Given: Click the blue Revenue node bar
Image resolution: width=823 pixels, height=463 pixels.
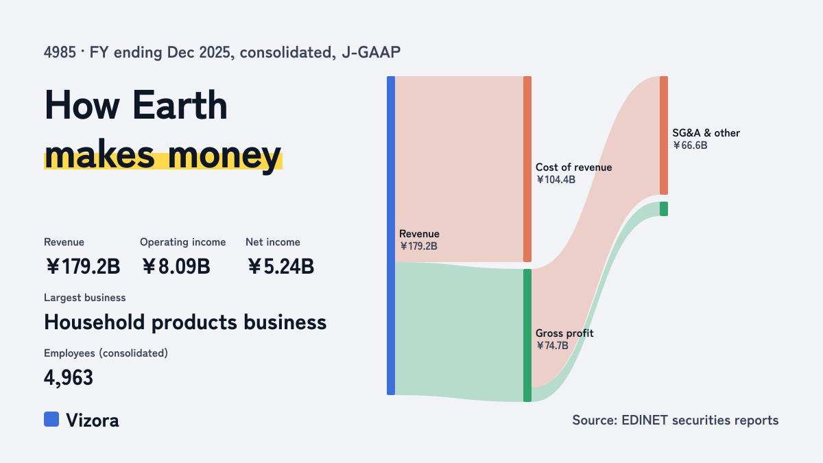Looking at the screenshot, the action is [391, 235].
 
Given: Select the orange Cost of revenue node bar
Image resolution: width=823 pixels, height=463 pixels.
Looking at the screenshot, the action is [527, 169].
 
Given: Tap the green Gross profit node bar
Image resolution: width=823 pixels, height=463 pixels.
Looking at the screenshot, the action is [527, 335].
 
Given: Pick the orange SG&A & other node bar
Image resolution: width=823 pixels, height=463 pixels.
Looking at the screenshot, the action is [664, 135].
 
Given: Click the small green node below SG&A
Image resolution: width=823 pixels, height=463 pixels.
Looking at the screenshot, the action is [664, 209].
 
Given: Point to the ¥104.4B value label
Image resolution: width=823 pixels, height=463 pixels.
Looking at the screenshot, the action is [556, 180].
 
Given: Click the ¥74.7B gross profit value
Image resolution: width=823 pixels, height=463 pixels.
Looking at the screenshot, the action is [552, 346].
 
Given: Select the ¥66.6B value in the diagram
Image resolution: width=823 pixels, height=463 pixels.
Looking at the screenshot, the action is [690, 145].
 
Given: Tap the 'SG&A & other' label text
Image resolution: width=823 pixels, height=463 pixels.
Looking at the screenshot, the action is [706, 133].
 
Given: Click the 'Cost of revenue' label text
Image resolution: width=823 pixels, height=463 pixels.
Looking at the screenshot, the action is [573, 167].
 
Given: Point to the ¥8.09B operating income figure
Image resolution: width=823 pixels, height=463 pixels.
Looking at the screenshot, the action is [176, 266].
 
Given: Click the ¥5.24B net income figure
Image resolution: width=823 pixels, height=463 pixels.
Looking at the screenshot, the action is [281, 266].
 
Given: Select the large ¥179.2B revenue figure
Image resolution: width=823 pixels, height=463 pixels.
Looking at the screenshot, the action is [83, 266].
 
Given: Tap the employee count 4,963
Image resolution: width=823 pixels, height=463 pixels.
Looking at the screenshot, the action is [69, 378].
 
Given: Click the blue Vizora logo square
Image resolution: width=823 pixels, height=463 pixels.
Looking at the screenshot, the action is [51, 419].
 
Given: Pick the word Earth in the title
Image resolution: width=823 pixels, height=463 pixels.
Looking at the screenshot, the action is [180, 105].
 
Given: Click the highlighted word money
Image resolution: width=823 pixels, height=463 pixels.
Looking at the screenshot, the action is [224, 156].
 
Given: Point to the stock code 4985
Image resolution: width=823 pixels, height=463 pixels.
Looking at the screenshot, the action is [60, 53].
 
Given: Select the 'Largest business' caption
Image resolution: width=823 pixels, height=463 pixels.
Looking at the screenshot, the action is [85, 298].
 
